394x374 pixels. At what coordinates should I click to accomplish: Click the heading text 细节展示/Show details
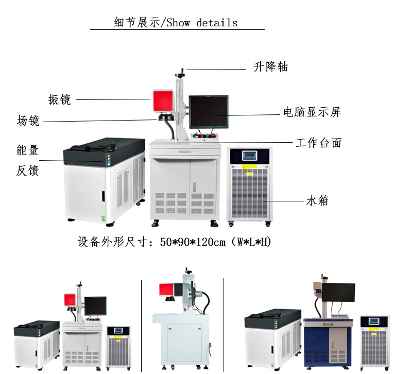pyautogui.click(x=176, y=23)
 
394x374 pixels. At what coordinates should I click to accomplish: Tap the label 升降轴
pyautogui.click(x=270, y=67)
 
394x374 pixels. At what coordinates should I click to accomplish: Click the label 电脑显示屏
pyautogui.click(x=312, y=112)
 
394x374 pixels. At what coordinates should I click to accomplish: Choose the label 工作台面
pyautogui.click(x=318, y=143)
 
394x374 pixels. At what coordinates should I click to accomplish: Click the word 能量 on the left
pyautogui.click(x=28, y=150)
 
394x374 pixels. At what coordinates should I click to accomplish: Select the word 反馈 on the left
pyautogui.click(x=28, y=171)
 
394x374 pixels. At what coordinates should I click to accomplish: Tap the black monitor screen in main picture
pyautogui.click(x=208, y=111)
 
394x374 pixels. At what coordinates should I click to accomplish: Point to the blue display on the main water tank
pyautogui.click(x=249, y=156)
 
